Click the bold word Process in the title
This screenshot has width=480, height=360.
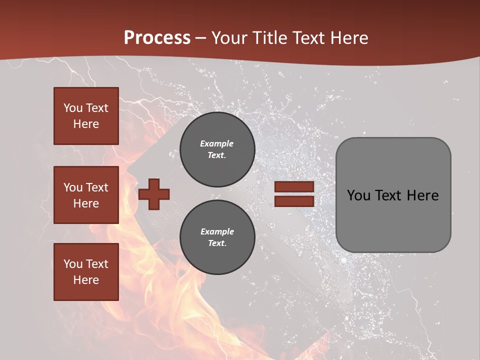(157, 38)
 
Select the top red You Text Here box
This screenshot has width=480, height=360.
(86, 116)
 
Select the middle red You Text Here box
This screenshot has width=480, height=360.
(86, 195)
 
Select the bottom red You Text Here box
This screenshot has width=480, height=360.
(86, 271)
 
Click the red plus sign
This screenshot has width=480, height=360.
(154, 194)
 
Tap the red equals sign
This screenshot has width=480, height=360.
(294, 194)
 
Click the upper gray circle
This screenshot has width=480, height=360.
(217, 149)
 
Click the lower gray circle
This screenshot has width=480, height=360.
(217, 237)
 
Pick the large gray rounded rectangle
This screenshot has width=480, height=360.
(393, 195)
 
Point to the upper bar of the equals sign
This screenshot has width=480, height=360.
(294, 187)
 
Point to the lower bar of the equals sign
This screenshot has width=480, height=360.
(294, 201)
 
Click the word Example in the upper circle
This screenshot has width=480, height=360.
(217, 143)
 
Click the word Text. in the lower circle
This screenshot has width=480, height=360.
(217, 243)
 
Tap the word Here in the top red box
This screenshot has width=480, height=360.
(86, 124)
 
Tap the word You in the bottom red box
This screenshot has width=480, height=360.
(73, 264)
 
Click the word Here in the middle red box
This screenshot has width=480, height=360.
(86, 203)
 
